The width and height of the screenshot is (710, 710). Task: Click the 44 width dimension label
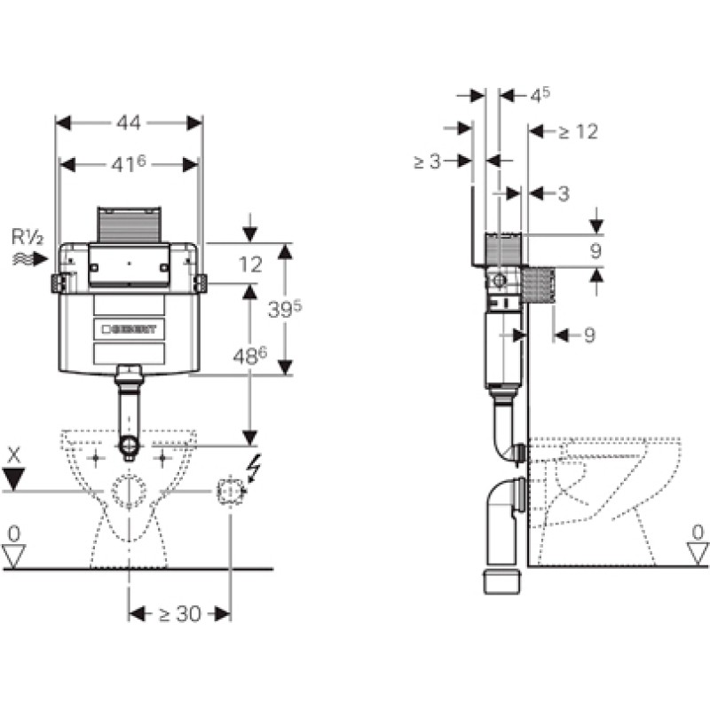coord(129,122)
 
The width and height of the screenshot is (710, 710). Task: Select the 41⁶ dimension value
coord(129,164)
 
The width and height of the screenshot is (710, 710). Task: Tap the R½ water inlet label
coord(28,237)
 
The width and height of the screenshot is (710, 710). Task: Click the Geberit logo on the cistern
coord(129,329)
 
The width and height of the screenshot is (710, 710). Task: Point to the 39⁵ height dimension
coord(285,309)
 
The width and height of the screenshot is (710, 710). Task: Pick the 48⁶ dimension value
coord(250,357)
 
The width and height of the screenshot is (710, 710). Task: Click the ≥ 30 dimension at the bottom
coord(180,614)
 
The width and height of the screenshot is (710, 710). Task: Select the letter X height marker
coord(14,455)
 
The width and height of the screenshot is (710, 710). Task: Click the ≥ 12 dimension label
coord(579,131)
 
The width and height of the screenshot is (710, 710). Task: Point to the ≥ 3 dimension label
coord(428,162)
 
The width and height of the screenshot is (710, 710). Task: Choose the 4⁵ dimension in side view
coord(540,96)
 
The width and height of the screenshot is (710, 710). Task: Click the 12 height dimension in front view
coord(250,264)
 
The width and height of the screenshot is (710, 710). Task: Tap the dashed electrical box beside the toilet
coord(231,491)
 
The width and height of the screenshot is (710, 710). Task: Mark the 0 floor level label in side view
coord(698,533)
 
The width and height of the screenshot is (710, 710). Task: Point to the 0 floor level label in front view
coord(14,534)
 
